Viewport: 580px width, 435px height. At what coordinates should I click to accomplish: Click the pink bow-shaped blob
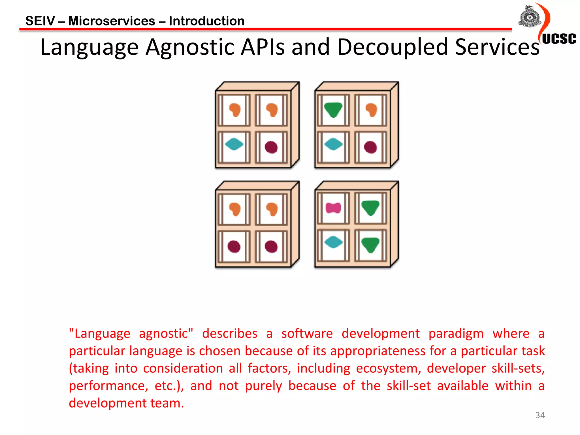333,208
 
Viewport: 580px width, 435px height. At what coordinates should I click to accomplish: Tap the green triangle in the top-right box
333,110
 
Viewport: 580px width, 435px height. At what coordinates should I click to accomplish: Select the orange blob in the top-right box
371,110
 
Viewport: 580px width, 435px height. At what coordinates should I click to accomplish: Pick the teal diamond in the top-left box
234,144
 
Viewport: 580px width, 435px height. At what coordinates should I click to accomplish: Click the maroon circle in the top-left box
271,147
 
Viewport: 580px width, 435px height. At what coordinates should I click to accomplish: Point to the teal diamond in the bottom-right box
333,242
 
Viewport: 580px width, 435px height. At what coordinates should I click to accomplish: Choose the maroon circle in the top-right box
370,147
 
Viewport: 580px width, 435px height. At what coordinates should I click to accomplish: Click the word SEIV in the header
40,21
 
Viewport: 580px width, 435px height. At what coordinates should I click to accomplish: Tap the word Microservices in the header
112,21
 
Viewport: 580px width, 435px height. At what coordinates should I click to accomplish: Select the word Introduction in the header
206,21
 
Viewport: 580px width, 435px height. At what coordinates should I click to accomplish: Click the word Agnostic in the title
191,47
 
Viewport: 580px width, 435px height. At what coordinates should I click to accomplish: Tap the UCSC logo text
559,39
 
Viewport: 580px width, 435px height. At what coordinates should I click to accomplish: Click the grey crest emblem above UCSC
529,17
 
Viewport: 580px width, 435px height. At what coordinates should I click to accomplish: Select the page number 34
540,415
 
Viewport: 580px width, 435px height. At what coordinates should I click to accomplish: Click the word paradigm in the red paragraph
456,334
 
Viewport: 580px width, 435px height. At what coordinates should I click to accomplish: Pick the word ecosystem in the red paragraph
387,368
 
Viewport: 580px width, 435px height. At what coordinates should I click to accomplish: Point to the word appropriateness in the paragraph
378,351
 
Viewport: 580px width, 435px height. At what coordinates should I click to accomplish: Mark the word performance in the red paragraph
108,386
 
